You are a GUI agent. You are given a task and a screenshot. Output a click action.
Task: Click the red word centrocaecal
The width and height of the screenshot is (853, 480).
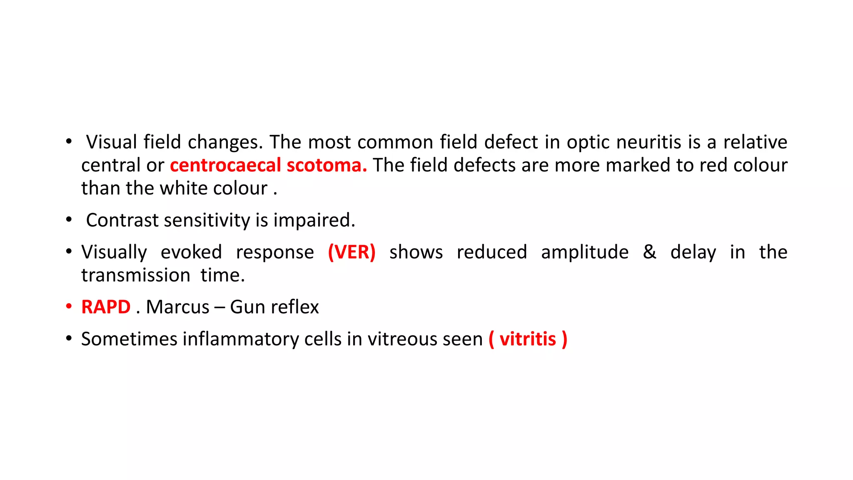coord(225,165)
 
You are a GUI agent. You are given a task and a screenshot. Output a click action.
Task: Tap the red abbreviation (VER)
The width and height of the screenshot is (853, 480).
coord(352,252)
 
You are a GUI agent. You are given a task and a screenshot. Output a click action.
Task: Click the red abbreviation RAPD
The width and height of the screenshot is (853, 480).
coord(106,307)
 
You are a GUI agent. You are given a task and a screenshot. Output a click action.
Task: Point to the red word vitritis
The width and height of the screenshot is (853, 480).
coord(528,339)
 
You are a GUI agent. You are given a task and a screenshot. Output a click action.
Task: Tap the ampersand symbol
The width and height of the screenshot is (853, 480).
coord(649,252)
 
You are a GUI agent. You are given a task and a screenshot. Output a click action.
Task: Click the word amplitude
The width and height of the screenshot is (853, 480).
coord(585,252)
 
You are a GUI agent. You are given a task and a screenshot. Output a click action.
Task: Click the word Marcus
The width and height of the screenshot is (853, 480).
coord(177,307)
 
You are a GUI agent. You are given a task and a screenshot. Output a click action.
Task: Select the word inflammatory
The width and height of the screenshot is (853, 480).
coord(240,339)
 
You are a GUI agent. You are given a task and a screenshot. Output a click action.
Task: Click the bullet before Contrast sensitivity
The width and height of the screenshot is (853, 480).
coord(69,220)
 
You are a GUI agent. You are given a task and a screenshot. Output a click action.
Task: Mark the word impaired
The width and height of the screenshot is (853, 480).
coord(314,220)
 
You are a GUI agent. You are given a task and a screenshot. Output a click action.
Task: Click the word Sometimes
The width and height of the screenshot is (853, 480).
coord(129,339)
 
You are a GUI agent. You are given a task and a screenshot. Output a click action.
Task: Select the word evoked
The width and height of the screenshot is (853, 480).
coord(191,252)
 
